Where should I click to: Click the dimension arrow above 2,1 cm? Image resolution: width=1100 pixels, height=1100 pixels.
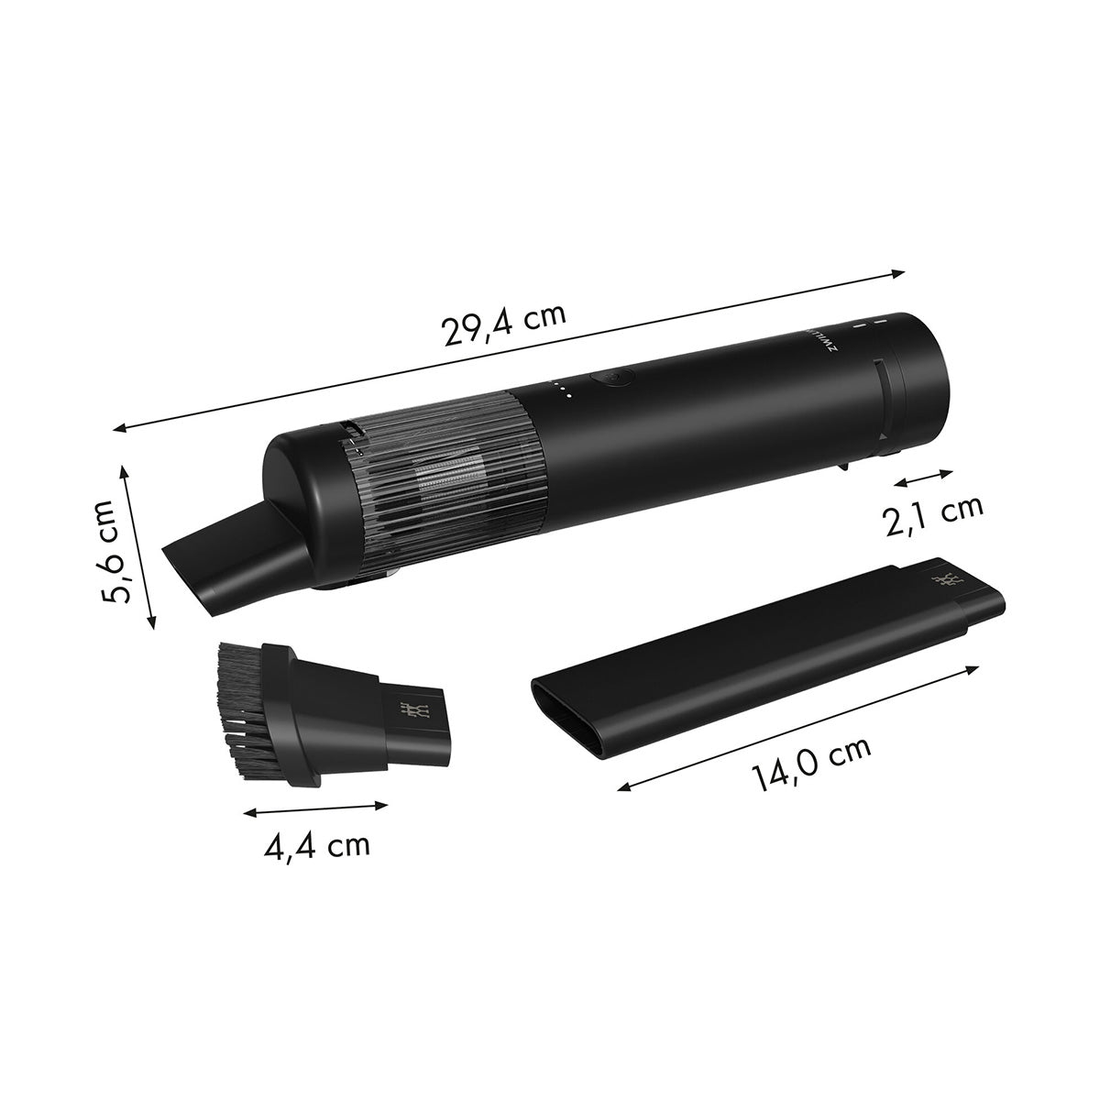[924, 478]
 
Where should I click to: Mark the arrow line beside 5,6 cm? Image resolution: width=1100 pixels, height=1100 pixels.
[138, 545]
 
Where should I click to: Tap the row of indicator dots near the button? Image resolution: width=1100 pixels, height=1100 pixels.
[562, 391]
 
